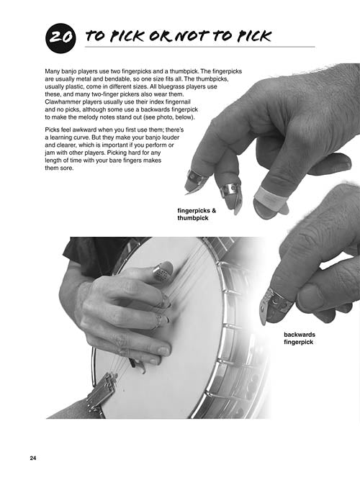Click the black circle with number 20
pyautogui.click(x=60, y=38)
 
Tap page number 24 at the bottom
pyautogui.click(x=33, y=458)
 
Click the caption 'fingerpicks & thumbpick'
pyautogui.click(x=197, y=214)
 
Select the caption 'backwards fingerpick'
pyautogui.click(x=300, y=338)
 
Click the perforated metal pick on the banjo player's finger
pyautogui.click(x=162, y=271)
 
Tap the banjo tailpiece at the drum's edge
pyautogui.click(x=101, y=391)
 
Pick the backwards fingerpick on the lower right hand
pyautogui.click(x=274, y=305)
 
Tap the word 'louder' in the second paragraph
pyautogui.click(x=171, y=137)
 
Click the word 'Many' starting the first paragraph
pyautogui.click(x=52, y=72)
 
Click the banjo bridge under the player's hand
pyautogui.click(x=138, y=366)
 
